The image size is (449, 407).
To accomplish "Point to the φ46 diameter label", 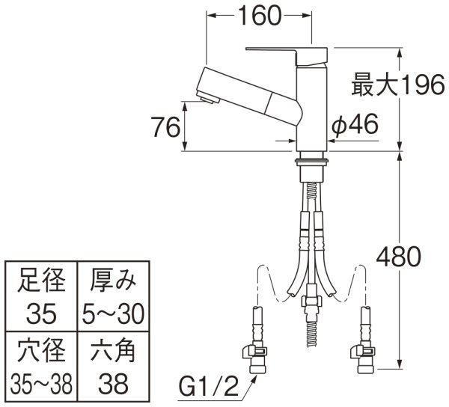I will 356,128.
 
